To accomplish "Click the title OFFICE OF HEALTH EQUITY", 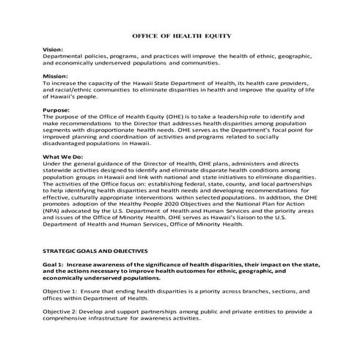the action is (181, 34).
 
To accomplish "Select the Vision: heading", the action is (54, 48).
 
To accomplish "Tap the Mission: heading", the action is (56, 76).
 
